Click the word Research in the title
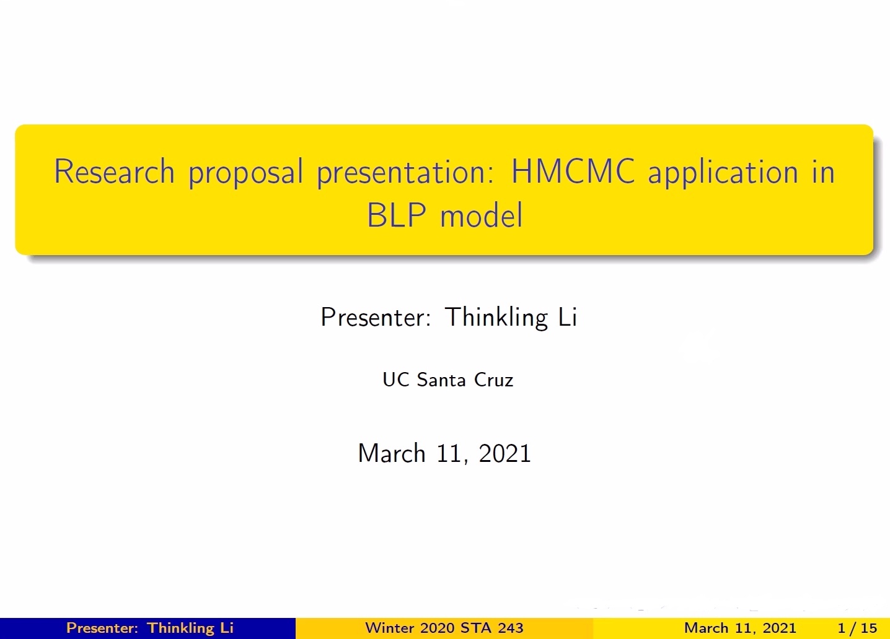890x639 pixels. pos(115,172)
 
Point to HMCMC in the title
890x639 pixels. pos(573,172)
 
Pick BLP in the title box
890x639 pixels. pos(397,215)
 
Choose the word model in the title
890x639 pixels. pos(482,215)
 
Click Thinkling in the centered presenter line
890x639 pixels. pos(496,318)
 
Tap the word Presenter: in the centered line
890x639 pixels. pos(376,317)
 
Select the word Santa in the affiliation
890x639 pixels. pos(441,380)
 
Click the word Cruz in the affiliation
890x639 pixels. pos(494,380)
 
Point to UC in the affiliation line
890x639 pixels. pos(396,380)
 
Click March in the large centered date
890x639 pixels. pos(392,453)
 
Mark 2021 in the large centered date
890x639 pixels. pos(505,453)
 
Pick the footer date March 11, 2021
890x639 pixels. pos(740,628)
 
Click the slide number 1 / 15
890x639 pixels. pos(857,628)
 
